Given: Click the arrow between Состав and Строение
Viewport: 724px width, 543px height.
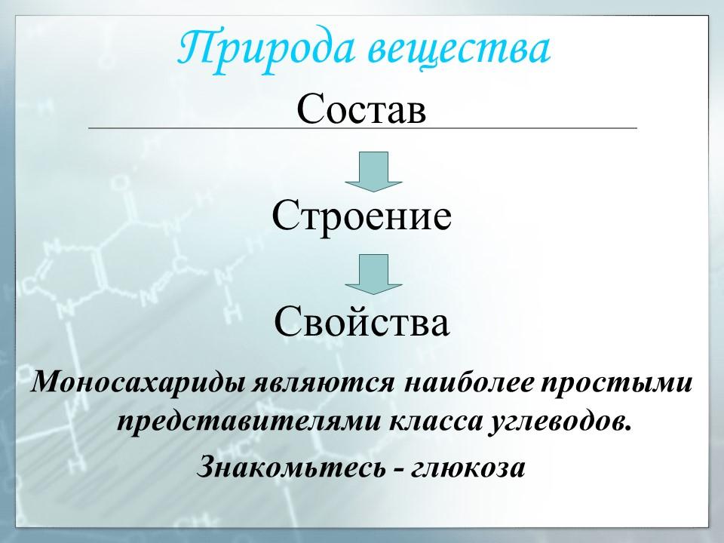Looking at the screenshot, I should (373, 171).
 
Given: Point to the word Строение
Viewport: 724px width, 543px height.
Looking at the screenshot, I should (362, 216).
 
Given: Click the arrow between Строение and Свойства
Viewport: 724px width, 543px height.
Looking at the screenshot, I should (373, 274).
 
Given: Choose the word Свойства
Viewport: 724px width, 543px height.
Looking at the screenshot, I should (362, 323).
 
